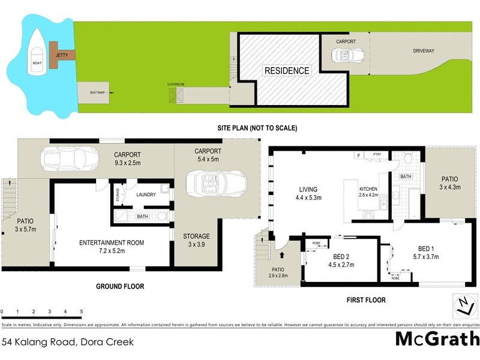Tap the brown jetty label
coord(62,55)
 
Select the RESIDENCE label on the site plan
coord(287,71)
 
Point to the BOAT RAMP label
coord(98,92)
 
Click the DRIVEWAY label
coord(424,51)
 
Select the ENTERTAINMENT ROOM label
coord(112,247)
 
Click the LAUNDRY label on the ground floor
coord(146,194)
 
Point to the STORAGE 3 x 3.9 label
coord(196,241)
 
